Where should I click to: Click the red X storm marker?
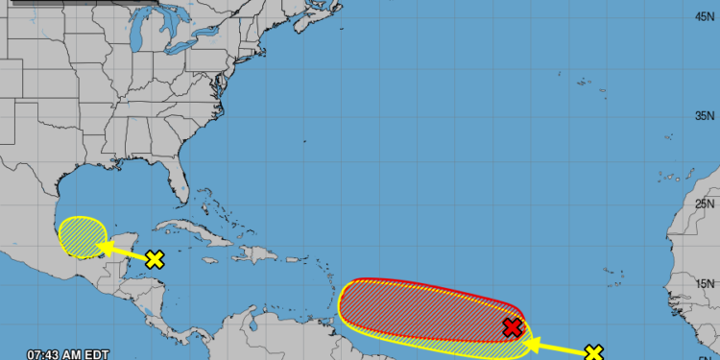point(513,328)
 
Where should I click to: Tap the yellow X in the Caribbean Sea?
point(155,258)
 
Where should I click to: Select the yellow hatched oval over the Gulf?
point(81,236)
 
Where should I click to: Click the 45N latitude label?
point(705,16)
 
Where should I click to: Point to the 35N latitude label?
point(705,115)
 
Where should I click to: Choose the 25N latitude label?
point(705,204)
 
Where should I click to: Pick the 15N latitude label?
point(705,283)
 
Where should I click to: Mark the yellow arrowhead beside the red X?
point(531,340)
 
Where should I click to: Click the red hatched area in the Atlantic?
point(422,307)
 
